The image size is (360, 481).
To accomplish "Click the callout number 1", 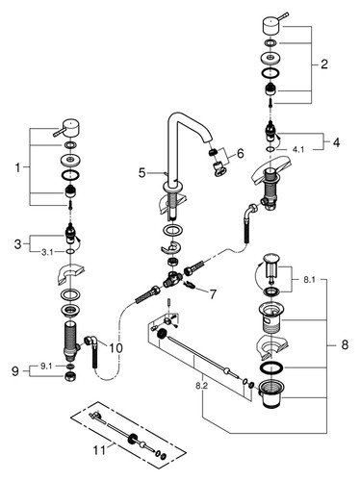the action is click(x=17, y=167).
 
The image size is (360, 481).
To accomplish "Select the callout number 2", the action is click(x=324, y=64).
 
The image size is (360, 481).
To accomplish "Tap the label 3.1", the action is click(x=47, y=252).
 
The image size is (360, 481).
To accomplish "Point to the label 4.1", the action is click(x=298, y=149).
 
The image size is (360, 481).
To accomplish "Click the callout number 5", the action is click(x=141, y=173).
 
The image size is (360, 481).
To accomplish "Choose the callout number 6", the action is click(x=241, y=153).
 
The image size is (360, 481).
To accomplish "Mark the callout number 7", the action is click(x=213, y=294).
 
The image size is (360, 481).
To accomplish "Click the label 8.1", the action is click(x=309, y=280).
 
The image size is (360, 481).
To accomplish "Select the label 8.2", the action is click(x=201, y=386).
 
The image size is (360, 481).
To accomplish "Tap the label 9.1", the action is click(x=46, y=367).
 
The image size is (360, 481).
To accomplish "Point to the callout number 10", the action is click(x=116, y=347).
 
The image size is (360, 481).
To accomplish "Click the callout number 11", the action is click(x=99, y=450).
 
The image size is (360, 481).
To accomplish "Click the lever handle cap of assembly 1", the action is click(x=66, y=128).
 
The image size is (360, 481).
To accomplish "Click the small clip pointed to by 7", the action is click(x=190, y=284).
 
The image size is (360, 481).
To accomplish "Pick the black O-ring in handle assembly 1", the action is click(x=70, y=175).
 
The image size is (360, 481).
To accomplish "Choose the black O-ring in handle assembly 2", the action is click(x=270, y=73).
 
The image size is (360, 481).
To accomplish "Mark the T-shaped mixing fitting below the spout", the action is click(x=172, y=278).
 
